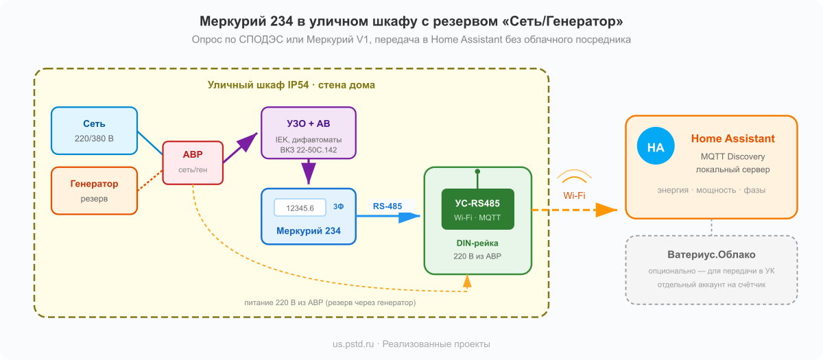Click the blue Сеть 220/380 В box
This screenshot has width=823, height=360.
click(x=94, y=130)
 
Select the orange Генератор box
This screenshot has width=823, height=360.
click(x=94, y=190)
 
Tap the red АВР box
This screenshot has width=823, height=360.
click(x=193, y=162)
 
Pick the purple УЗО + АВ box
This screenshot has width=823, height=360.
click(x=308, y=132)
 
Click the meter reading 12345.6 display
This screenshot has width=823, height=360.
click(x=300, y=208)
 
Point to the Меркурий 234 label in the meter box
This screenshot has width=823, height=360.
click(x=308, y=230)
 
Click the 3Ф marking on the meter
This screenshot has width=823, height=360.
click(x=339, y=206)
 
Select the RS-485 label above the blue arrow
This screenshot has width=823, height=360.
click(x=388, y=205)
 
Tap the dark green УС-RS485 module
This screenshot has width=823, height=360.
click(x=477, y=208)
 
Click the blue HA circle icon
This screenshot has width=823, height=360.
click(x=656, y=147)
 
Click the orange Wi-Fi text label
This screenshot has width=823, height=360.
click(x=575, y=195)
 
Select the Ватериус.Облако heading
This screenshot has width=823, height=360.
click(x=711, y=254)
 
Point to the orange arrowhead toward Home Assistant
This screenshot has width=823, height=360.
click(x=607, y=211)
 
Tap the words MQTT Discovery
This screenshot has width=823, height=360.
click(x=732, y=156)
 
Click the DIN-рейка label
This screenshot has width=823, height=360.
click(x=477, y=243)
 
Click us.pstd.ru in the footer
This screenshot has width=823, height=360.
click(x=353, y=344)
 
